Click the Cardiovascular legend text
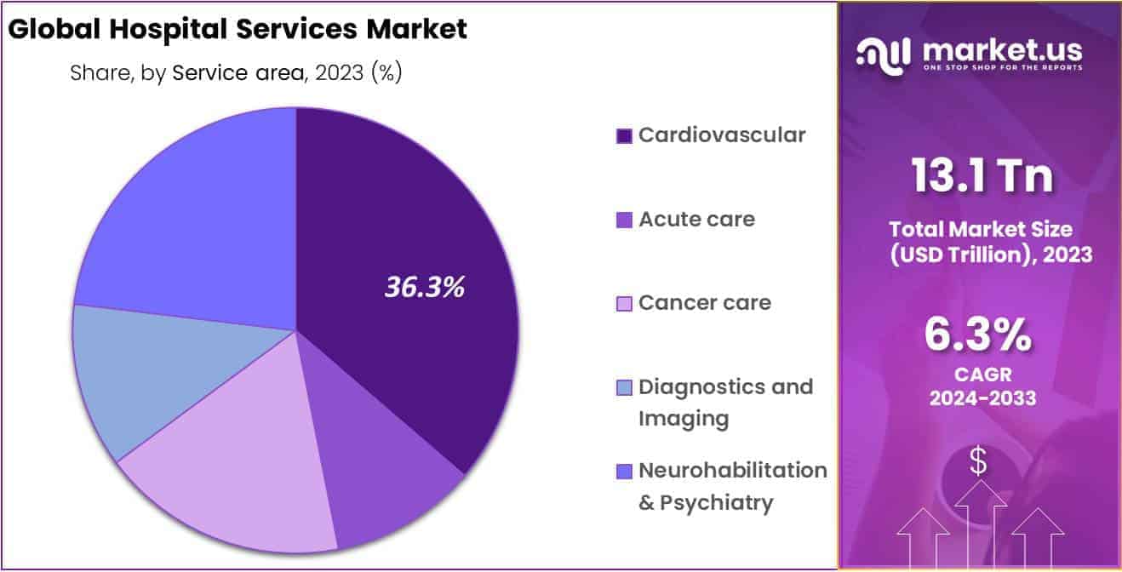(722, 134)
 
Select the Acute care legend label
(696, 219)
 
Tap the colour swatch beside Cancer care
(624, 304)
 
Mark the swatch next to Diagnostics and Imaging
(624, 388)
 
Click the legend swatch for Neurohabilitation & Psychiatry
(624, 472)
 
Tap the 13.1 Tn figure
(982, 176)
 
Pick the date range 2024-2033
(980, 398)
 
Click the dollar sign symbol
(979, 461)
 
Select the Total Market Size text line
(980, 229)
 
